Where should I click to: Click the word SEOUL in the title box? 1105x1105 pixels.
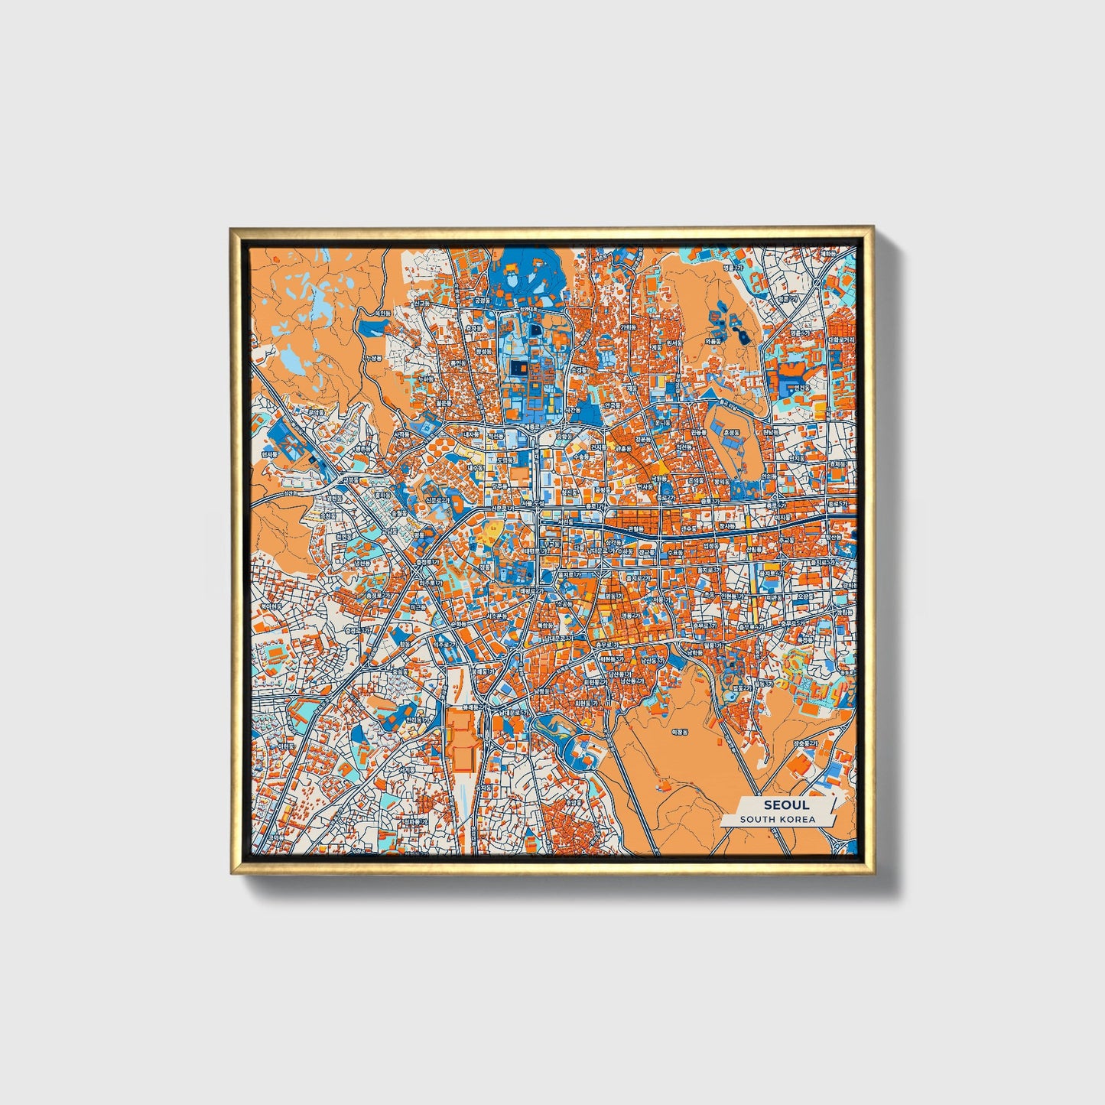point(785,805)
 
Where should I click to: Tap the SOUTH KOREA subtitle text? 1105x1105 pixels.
point(777,819)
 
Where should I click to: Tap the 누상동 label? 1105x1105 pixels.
point(373,357)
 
